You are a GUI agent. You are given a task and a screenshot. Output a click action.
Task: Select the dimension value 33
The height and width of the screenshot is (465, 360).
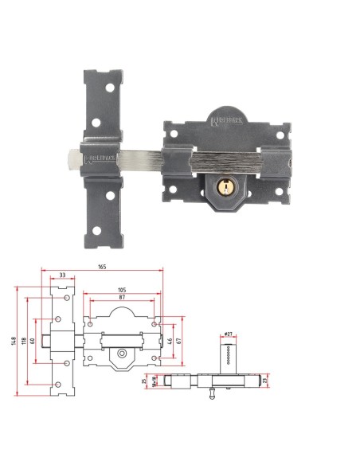click(62, 276)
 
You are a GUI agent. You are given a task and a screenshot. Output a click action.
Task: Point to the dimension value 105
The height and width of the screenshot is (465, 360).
click(123, 291)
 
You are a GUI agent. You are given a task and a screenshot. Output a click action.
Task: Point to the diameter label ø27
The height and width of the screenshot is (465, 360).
click(229, 334)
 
